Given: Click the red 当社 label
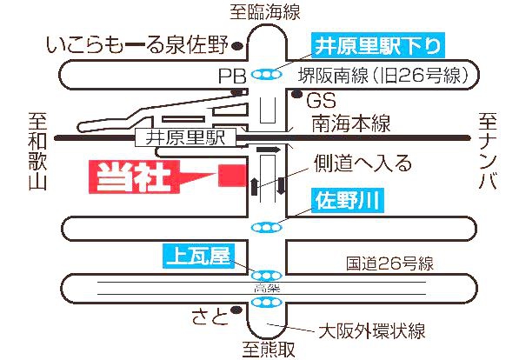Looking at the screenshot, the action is coord(134,177).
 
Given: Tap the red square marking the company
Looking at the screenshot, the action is coord(232,176).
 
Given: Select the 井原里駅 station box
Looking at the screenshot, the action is coord(185,137).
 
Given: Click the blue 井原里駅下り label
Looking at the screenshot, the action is coord(378,46).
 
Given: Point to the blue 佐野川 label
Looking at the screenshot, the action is coord(347,201).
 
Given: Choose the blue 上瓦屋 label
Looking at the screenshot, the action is coord(198,256).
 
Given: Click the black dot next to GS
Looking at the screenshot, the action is coord(297,94).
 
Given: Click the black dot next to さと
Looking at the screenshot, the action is coord(236,310).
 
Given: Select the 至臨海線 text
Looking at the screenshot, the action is coord(265,11).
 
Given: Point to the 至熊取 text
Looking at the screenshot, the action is coord(269,349).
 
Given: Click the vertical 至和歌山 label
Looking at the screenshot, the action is coord(37,151).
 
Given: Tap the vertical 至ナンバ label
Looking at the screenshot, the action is coord(488,151).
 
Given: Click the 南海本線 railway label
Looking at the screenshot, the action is coord(351,123).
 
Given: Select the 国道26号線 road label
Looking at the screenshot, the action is coord(389,264).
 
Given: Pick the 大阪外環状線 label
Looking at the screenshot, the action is coord(372,330).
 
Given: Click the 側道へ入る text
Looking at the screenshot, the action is coord(363,164).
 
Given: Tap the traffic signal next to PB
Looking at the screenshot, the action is coord(266,75).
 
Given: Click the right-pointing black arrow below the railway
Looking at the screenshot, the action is coord(269,150).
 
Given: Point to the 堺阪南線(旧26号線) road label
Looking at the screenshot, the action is coord(384,75).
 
